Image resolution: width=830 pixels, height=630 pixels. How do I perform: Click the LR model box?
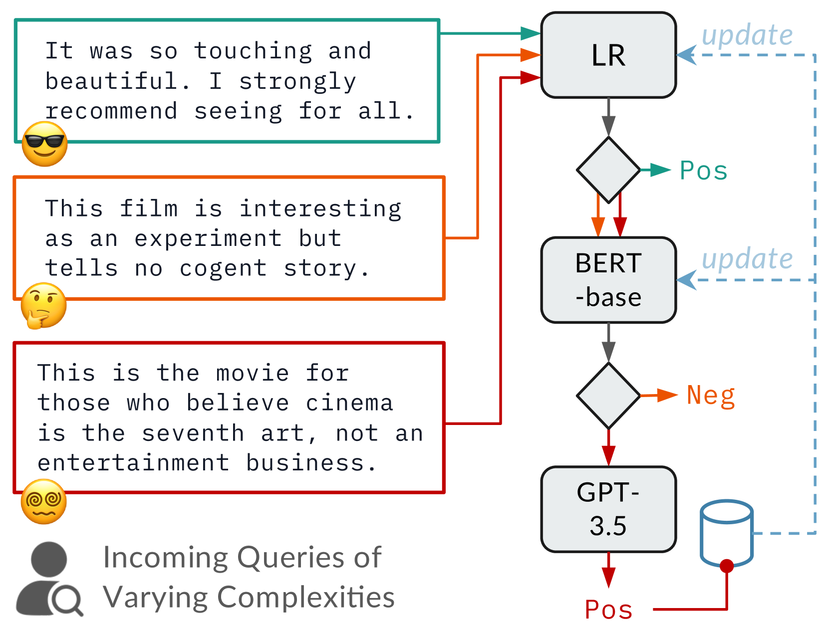[608, 55]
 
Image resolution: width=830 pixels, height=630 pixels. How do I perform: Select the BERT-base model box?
[608, 280]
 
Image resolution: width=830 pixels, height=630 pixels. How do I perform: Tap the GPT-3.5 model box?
[608, 509]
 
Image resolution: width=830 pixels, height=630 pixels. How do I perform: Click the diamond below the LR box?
[608, 170]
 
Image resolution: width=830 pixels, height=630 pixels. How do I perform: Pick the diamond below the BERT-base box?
[608, 396]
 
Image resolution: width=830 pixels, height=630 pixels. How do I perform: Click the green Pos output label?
[703, 171]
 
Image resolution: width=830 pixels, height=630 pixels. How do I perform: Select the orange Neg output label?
[711, 396]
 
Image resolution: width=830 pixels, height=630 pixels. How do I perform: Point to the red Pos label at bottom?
[608, 610]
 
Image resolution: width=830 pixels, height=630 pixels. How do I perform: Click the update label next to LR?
[747, 35]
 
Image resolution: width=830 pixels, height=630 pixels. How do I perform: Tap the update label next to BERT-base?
[747, 259]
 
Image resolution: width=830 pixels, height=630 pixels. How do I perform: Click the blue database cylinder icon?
[726, 533]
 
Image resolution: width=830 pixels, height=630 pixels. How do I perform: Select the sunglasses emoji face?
[44, 144]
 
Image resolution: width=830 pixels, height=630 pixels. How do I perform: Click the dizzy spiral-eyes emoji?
[43, 501]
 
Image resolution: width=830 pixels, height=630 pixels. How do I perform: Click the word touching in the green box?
[253, 52]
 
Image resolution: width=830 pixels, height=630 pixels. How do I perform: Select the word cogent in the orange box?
[223, 269]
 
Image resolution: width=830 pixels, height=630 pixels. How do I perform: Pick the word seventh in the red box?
[193, 433]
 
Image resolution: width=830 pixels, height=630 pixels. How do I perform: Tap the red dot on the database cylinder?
[726, 566]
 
